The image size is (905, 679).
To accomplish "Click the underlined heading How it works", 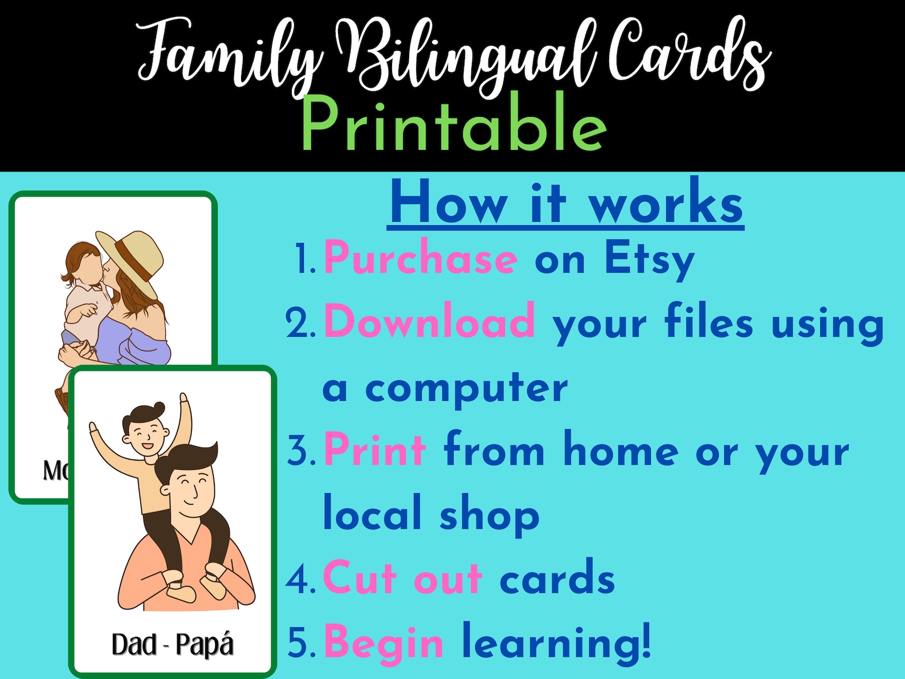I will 566,204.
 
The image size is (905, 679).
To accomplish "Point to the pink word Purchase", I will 421,259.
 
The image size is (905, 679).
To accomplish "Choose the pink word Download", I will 429,322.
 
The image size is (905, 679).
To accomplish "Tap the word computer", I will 466,388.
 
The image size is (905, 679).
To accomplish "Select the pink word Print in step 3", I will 374,450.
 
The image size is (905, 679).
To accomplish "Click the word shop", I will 489,515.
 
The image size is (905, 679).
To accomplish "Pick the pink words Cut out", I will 402,578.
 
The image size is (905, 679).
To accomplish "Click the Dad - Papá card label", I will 173,645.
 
